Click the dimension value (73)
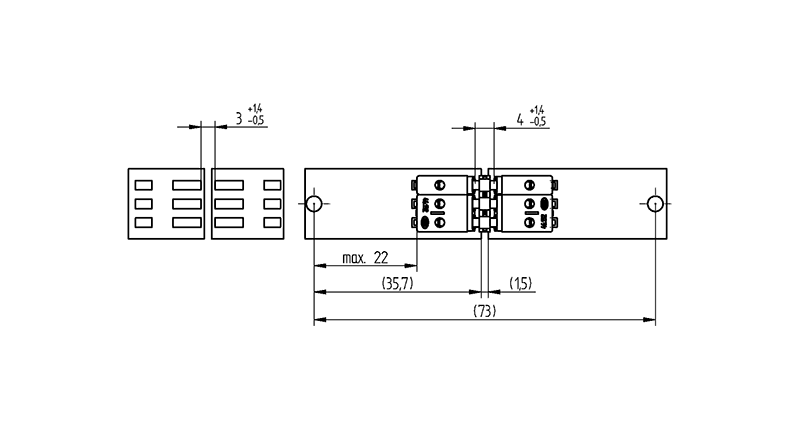484,311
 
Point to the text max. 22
365,257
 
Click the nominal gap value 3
238,118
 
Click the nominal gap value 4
520,118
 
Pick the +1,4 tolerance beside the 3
255,108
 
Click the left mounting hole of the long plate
314,204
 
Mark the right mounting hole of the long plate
654,204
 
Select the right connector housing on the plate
526,204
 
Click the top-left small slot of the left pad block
143,185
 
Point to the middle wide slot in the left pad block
186,204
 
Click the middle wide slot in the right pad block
228,204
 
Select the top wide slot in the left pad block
186,185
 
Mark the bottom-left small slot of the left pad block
143,222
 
